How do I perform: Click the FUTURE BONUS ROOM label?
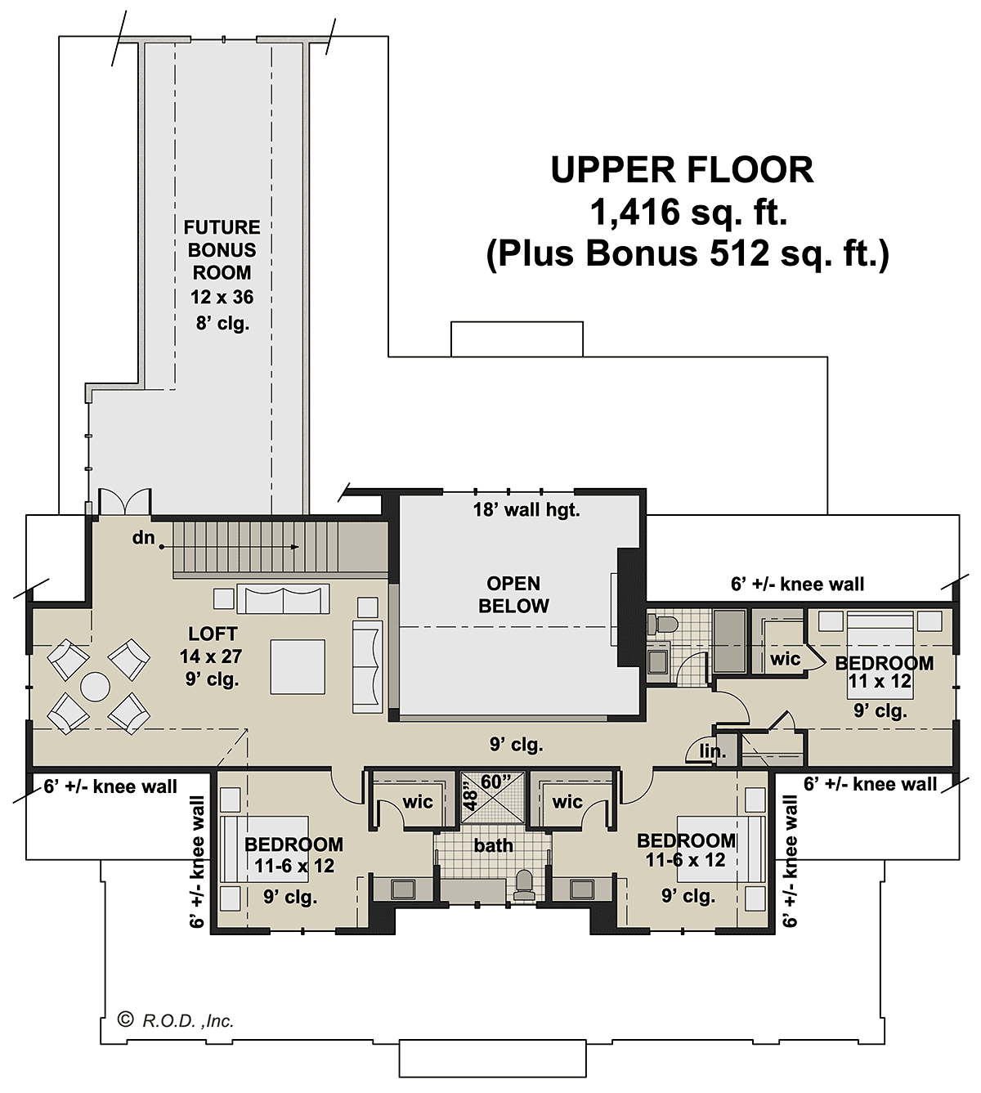click(x=222, y=250)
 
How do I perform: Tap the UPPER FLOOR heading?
click(x=682, y=170)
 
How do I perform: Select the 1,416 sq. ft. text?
click(x=688, y=212)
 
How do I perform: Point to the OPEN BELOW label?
click(x=513, y=594)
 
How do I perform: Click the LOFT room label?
click(x=213, y=634)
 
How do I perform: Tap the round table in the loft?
click(x=96, y=687)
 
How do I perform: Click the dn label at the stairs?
click(x=144, y=537)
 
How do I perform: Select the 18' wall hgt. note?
click(x=526, y=510)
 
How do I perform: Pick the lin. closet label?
click(x=713, y=751)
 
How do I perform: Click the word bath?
click(x=493, y=845)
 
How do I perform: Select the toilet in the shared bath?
click(x=524, y=886)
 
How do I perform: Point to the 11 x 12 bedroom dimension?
click(x=880, y=681)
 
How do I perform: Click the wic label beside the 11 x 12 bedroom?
click(x=785, y=658)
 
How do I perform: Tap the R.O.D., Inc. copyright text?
click(x=176, y=1021)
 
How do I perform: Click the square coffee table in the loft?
click(x=298, y=667)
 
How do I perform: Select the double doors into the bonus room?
click(x=124, y=501)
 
